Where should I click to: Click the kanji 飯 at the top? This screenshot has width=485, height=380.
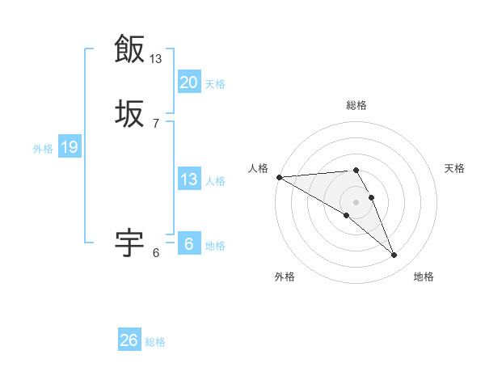click(x=129, y=49)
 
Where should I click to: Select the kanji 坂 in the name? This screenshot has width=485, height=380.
click(x=129, y=113)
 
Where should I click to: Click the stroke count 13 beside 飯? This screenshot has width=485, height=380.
click(x=156, y=58)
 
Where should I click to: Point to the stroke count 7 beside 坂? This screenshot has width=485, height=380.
click(x=156, y=123)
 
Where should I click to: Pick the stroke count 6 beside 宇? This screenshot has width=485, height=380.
click(x=156, y=253)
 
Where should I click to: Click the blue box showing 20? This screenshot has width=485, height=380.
click(x=189, y=82)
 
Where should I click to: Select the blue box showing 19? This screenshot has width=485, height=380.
click(x=69, y=147)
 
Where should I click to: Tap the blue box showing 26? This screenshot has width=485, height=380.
click(x=129, y=340)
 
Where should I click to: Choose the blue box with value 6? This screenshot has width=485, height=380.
click(x=189, y=244)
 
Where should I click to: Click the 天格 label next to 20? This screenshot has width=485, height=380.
click(x=215, y=84)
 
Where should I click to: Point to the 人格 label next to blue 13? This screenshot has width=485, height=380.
click(x=215, y=181)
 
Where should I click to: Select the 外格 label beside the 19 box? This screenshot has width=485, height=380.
click(x=43, y=149)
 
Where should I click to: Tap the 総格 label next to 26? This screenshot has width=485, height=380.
click(x=155, y=342)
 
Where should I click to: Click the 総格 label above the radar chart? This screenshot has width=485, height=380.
click(x=356, y=105)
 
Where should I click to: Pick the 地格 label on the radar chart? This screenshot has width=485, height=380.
click(x=424, y=277)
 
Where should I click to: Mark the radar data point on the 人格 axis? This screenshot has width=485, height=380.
click(x=279, y=177)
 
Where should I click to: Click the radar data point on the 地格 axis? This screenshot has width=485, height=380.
click(x=394, y=255)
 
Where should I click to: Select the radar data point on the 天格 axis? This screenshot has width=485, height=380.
click(x=372, y=197)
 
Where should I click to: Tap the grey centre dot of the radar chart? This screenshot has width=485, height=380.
click(x=356, y=201)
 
